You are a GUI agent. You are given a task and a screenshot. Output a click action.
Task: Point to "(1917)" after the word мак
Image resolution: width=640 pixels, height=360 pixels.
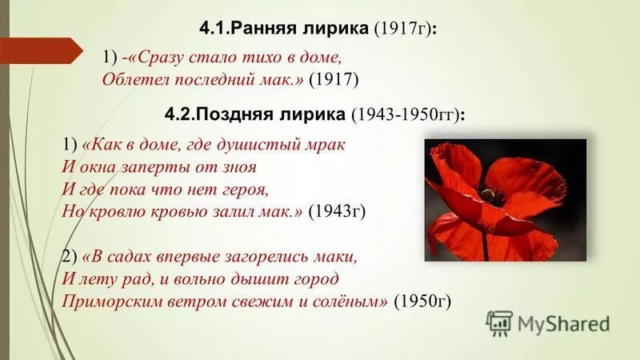pyautogui.click(x=333, y=79)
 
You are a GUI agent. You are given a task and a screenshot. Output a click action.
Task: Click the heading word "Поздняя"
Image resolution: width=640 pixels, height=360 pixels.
pyautogui.click(x=245, y=114)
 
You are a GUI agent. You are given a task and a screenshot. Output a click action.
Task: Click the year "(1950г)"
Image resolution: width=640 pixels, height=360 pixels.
pyautogui.click(x=423, y=302)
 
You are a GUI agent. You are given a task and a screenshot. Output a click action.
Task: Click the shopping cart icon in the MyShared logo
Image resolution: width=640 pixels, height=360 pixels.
pyautogui.click(x=499, y=323)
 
